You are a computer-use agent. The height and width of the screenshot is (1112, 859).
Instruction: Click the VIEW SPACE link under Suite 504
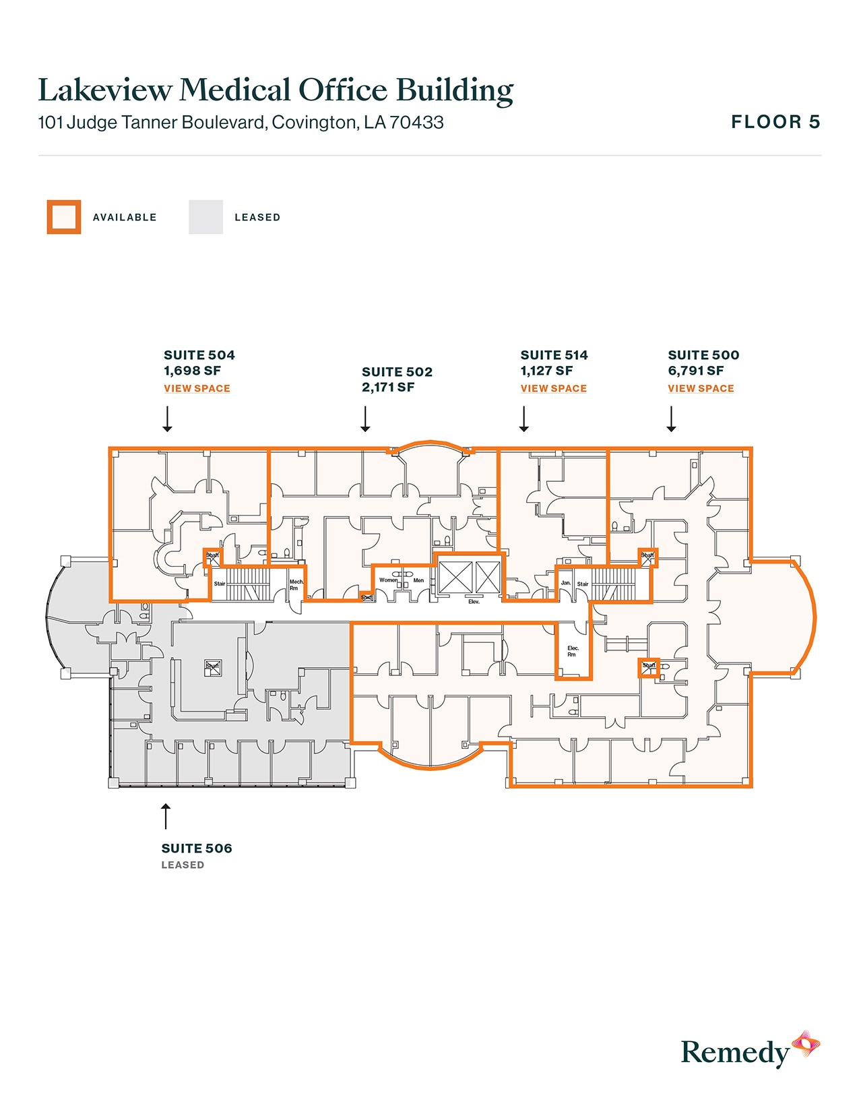pos(197,388)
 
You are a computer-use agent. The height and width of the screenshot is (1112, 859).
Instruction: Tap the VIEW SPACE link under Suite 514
pos(553,388)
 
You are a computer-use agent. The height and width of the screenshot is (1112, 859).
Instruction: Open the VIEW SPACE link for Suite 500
pos(701,388)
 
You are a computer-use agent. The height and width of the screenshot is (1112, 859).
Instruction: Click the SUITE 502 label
pos(397,372)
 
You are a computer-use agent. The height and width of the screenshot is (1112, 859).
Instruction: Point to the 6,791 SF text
pos(695,371)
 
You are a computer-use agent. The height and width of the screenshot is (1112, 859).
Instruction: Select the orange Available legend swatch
pos(64,217)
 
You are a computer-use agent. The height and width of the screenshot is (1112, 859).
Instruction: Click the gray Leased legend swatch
pos(205,217)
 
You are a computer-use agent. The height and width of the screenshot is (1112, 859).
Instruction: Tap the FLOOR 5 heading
pos(775,122)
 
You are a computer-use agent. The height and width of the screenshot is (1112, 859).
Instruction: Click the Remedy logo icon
pos(805,1045)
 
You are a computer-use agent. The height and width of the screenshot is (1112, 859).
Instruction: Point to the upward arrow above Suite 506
pos(166,815)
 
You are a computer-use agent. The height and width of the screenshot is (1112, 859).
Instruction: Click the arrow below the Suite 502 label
pos(365,419)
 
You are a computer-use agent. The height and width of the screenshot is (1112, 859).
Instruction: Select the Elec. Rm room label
pos(573,651)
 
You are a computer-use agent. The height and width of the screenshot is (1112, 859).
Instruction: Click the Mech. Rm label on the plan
pos(296,584)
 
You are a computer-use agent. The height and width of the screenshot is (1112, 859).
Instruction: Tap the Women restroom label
pos(388,580)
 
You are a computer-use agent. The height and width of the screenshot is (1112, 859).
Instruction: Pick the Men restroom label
pos(418,580)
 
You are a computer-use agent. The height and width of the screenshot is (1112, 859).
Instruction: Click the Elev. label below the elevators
pos(474,601)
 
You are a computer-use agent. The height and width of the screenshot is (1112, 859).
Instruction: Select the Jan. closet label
pos(566,583)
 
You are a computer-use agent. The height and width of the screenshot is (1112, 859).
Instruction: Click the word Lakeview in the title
pos(105,90)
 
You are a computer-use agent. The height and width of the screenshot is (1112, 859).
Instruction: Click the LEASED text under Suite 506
pos(183,865)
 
